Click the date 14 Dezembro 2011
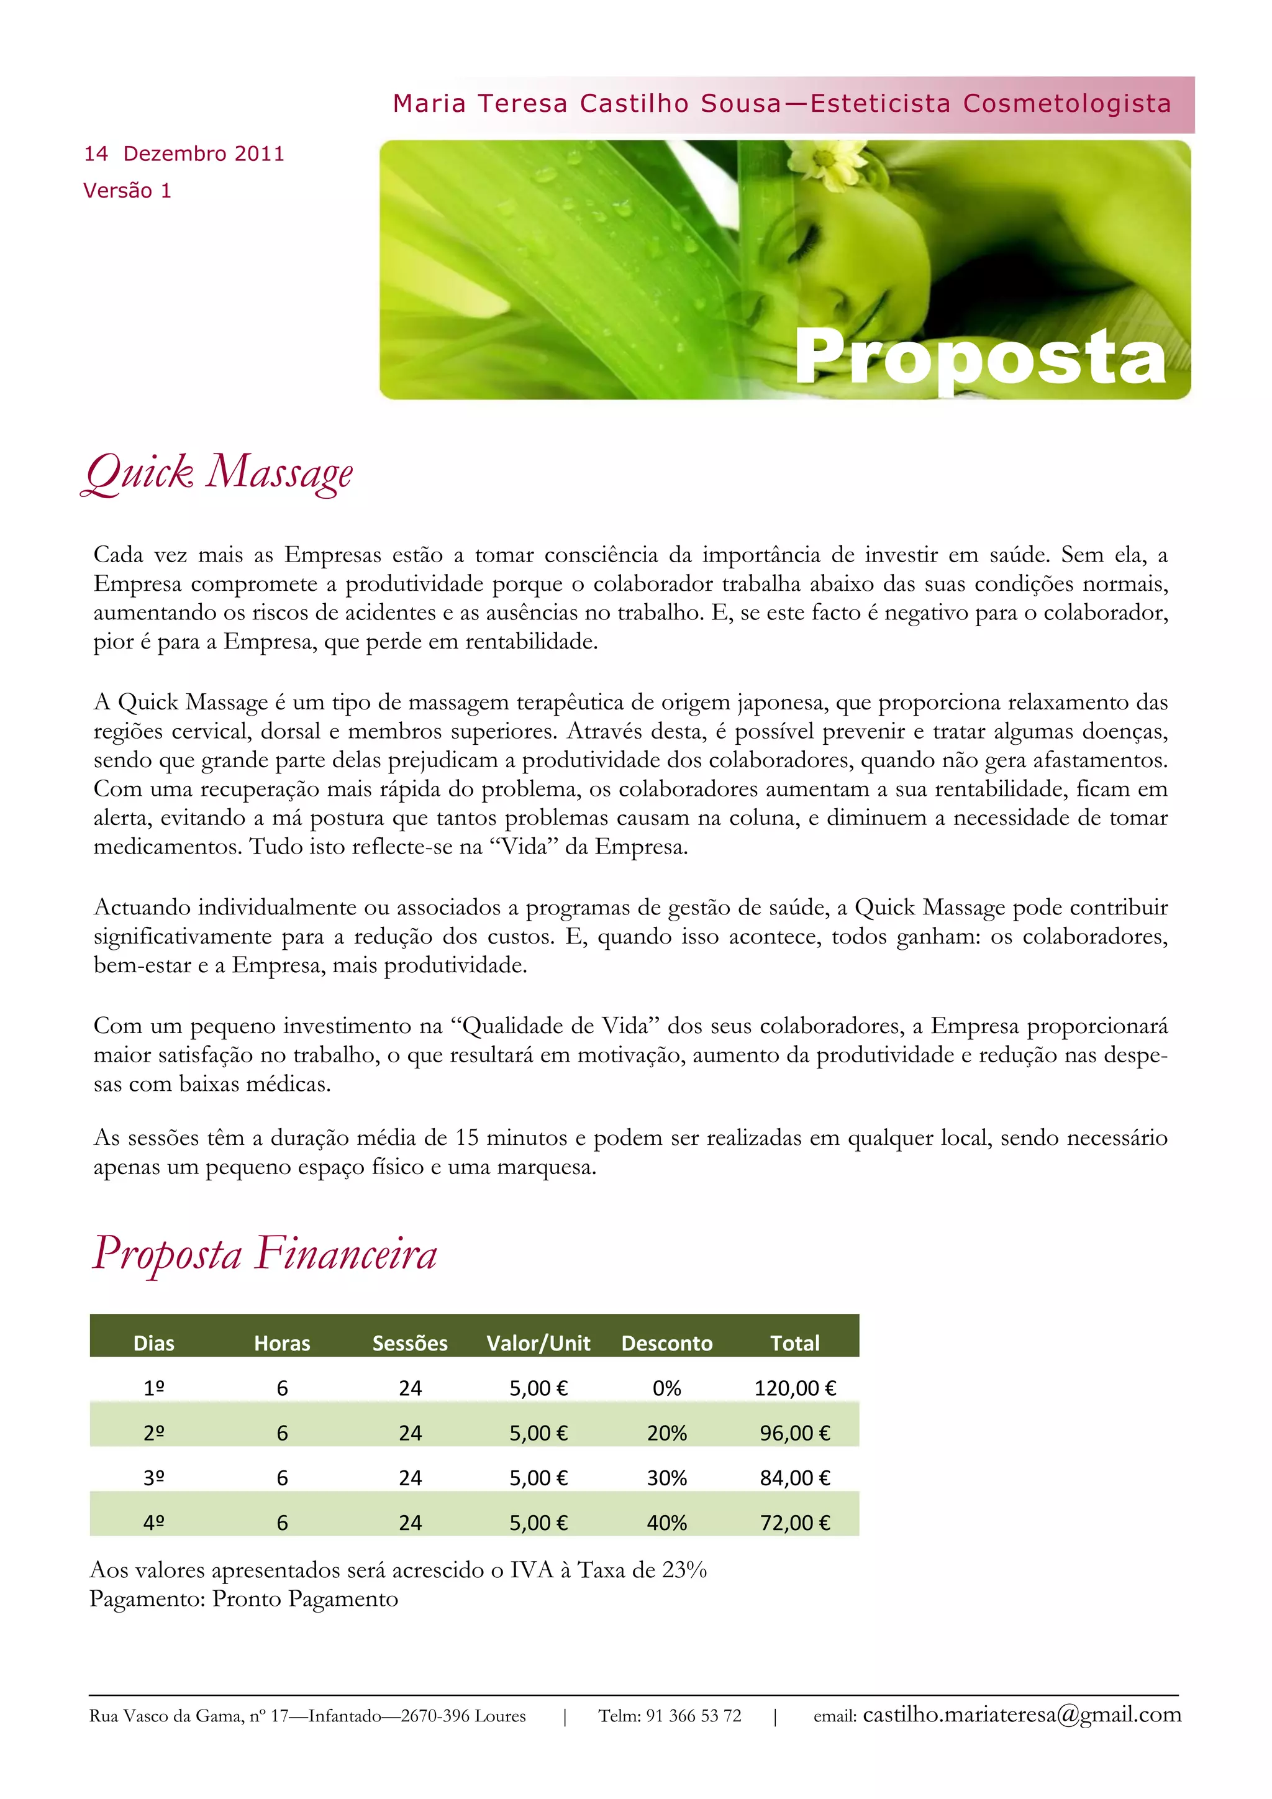(x=184, y=153)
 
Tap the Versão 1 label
(x=127, y=191)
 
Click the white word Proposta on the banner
(x=981, y=357)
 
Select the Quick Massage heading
(x=219, y=474)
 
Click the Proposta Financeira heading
(x=265, y=1253)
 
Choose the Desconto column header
(x=666, y=1343)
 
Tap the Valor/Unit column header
(x=538, y=1343)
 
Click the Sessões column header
(x=410, y=1343)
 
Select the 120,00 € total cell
(x=795, y=1388)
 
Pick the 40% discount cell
(x=666, y=1523)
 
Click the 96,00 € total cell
(x=795, y=1433)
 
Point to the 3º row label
(x=154, y=1478)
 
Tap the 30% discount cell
(x=666, y=1478)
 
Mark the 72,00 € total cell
(x=795, y=1523)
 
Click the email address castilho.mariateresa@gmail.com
(x=1021, y=1715)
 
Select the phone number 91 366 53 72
(x=693, y=1716)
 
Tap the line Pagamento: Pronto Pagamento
(x=243, y=1598)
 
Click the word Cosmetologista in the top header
(x=1067, y=103)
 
